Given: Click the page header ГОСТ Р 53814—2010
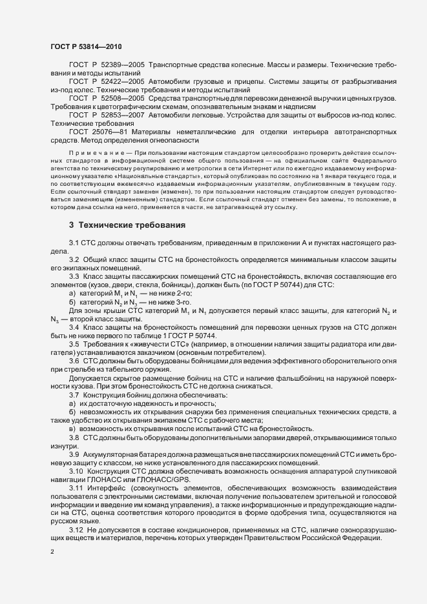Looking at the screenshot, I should [84, 46].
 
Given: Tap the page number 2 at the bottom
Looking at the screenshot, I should [52, 552].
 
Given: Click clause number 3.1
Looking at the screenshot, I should [74, 242].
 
